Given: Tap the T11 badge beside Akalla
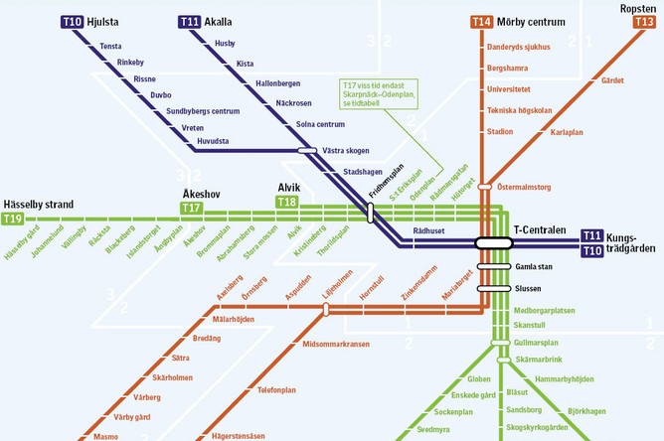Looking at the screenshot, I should (x=190, y=21).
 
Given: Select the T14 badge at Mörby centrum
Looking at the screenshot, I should (x=481, y=21).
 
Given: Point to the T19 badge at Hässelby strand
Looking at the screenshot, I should (x=13, y=219).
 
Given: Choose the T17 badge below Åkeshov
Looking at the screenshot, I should (x=191, y=208).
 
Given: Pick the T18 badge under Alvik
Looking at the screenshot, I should (x=286, y=202).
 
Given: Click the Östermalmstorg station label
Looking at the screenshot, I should (x=524, y=186).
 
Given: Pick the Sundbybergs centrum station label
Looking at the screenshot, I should (x=204, y=110).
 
